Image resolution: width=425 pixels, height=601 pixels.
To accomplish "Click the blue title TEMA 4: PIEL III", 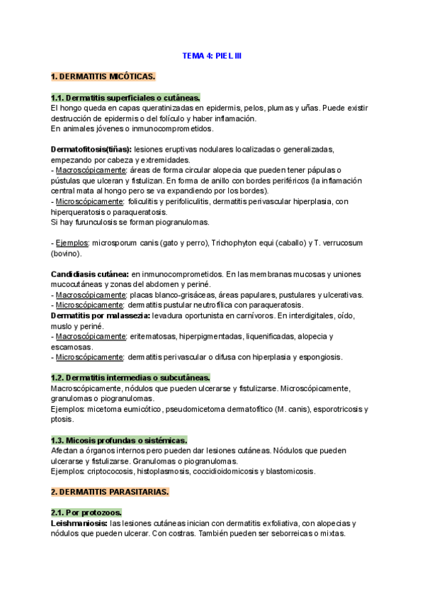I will pyautogui.click(x=212, y=55).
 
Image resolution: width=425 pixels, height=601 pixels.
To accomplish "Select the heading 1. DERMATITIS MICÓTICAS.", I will pyautogui.click(x=103, y=76).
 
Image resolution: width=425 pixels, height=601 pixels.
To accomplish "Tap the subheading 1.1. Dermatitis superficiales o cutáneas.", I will pyautogui.click(x=125, y=97).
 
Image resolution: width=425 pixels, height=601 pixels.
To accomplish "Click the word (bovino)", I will pyautogui.click(x=67, y=253).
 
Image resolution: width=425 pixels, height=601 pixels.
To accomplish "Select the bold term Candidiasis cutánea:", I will pyautogui.click(x=89, y=274).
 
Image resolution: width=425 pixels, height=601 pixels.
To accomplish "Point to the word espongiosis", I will pyautogui.click(x=319, y=358).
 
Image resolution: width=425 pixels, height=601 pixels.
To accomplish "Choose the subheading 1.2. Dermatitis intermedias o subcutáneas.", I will pyautogui.click(x=130, y=378).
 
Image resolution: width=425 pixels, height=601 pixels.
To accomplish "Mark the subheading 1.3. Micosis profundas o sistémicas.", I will pyautogui.click(x=119, y=440).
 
